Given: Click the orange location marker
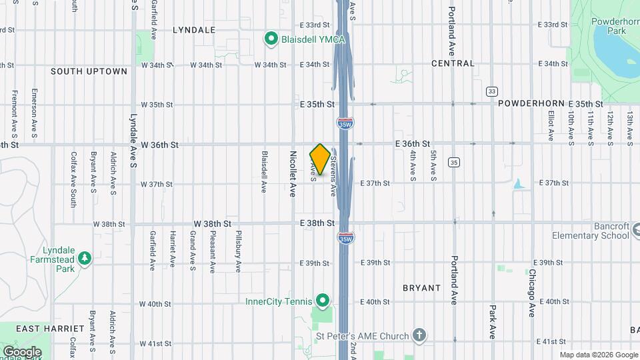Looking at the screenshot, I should (x=320, y=159).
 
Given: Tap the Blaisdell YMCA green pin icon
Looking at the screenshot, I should (x=271, y=39).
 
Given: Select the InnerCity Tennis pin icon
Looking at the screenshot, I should (x=323, y=301).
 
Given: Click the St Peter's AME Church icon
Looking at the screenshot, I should (x=419, y=334).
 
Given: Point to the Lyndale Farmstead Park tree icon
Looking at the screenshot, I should (x=84, y=258).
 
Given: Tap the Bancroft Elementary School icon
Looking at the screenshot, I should (x=636, y=231).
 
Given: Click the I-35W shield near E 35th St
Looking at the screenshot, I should (x=345, y=123).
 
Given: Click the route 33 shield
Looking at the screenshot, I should (x=492, y=91).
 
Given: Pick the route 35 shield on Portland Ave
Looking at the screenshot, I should (x=454, y=162).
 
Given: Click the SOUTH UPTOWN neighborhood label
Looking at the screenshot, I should (x=89, y=71).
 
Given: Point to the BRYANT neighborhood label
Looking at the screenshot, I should (x=421, y=288).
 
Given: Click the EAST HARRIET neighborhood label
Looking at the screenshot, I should (x=50, y=329).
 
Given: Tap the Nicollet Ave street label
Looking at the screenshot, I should (x=293, y=173).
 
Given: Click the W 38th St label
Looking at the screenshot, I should (x=213, y=223).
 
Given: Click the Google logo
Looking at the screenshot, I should (x=22, y=351).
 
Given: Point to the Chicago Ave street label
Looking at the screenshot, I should (x=532, y=293).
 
